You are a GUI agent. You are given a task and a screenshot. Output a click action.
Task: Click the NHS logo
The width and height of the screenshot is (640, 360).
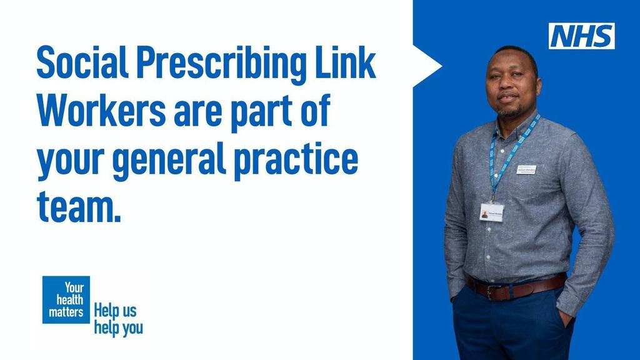point(581,36)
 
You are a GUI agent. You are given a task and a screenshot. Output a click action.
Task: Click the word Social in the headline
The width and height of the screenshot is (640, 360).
point(82,63)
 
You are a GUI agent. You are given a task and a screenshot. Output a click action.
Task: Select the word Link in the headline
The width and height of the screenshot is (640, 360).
point(347,63)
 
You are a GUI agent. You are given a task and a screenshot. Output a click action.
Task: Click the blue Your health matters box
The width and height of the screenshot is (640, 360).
point(66,299)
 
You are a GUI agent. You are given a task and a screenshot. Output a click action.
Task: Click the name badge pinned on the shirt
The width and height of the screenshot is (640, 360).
point(526,169)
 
